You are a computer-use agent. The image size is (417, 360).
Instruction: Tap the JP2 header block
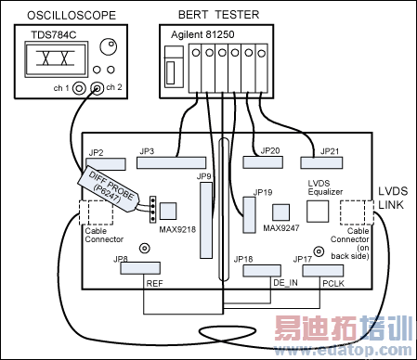click(104, 162)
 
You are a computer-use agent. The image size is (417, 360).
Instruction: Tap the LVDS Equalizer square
click(316, 211)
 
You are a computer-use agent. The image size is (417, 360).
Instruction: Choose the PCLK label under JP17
click(332, 282)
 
